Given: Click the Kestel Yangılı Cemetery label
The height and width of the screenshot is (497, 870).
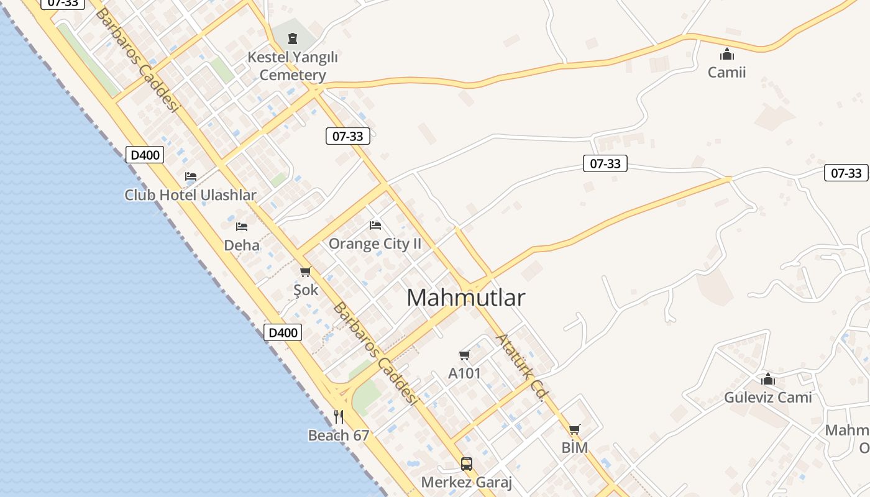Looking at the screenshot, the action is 292,66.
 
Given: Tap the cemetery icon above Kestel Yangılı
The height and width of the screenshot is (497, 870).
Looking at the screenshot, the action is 292,39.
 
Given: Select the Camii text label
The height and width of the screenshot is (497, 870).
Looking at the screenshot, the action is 726,72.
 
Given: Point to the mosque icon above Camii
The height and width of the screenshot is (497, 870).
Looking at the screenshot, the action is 726,54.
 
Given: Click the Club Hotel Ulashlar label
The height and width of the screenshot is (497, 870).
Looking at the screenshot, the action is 190,195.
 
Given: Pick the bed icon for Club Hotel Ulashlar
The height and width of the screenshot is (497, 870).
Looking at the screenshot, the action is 191,176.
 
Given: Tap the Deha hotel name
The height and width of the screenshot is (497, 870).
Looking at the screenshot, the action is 242,245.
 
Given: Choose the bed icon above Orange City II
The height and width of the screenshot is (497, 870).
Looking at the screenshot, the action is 375,225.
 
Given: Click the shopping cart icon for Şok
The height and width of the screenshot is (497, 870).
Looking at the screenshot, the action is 305,271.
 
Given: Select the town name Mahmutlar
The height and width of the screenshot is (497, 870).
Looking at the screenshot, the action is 465,298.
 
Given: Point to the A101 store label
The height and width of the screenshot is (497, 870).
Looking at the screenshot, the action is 464,374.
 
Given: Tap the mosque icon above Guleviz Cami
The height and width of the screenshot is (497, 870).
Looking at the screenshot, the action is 768,379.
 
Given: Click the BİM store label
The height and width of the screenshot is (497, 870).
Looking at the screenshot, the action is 574,448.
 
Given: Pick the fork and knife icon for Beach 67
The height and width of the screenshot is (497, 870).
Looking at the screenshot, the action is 339,417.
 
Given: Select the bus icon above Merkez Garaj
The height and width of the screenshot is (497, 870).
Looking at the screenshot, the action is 466,463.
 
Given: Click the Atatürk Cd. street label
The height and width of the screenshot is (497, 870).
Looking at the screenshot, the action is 522,367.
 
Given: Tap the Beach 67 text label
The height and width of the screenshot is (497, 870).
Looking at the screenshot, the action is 339,435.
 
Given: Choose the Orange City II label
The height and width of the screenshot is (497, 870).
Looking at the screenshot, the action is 375,244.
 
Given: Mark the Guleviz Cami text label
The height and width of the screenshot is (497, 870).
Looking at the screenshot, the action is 768,398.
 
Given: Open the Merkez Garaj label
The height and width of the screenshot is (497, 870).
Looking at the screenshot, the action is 466,482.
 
